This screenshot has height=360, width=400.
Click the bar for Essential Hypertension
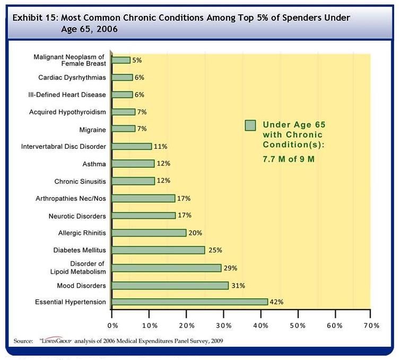pyautogui.click(x=190, y=302)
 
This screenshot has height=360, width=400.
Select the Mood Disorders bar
pyautogui.click(x=170, y=286)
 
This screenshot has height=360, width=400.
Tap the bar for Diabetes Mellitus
pyautogui.click(x=158, y=250)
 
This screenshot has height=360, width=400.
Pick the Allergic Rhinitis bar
pyautogui.click(x=149, y=233)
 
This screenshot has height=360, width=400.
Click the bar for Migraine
pyautogui.click(x=124, y=129)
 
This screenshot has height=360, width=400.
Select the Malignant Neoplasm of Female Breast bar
pyautogui.click(x=121, y=60)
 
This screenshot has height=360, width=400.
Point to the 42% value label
pyautogui.click(x=277, y=302)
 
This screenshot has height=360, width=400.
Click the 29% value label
pyautogui.click(x=230, y=268)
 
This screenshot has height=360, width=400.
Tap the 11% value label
pyautogui.click(x=161, y=146)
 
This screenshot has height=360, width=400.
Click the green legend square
pyautogui.click(x=250, y=125)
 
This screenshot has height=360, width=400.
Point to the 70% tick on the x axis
pyautogui.click(x=371, y=325)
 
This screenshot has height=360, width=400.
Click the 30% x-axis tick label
pyautogui.click(x=223, y=325)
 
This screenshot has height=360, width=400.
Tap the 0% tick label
pyautogui.click(x=112, y=325)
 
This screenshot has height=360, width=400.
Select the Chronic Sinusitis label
pyautogui.click(x=80, y=181)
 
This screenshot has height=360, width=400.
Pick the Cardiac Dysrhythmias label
pyautogui.click(x=72, y=78)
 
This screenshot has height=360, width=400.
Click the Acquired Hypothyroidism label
pyautogui.click(x=68, y=112)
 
